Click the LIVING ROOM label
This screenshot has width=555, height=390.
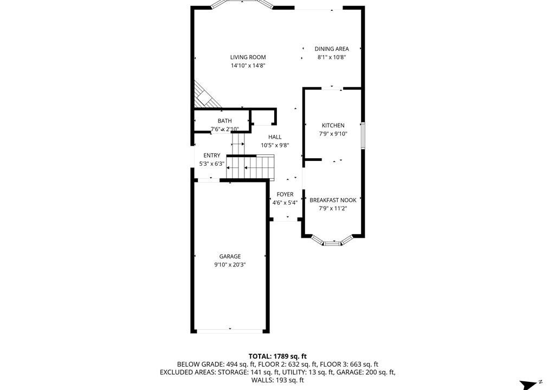point(248,57)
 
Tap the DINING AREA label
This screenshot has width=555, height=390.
point(332,49)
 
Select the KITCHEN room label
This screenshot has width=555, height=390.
point(333,125)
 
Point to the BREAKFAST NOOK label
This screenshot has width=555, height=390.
point(333,200)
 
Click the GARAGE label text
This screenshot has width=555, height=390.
point(230,256)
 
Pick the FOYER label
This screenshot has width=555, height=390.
point(285,194)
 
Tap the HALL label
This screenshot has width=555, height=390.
point(275,137)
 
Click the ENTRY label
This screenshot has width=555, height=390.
point(212,155)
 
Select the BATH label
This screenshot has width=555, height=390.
point(225,121)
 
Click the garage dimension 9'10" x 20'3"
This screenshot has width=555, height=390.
point(230,265)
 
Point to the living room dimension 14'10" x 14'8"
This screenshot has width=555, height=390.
point(248,66)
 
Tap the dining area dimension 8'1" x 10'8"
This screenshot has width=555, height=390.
point(332,57)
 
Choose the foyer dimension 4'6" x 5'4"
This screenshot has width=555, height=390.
point(285,203)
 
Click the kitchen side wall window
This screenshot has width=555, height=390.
point(363,135)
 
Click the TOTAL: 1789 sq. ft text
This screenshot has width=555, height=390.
point(277,356)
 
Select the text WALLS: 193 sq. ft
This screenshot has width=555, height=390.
point(277,380)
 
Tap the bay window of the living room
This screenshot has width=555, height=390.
point(242,4)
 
